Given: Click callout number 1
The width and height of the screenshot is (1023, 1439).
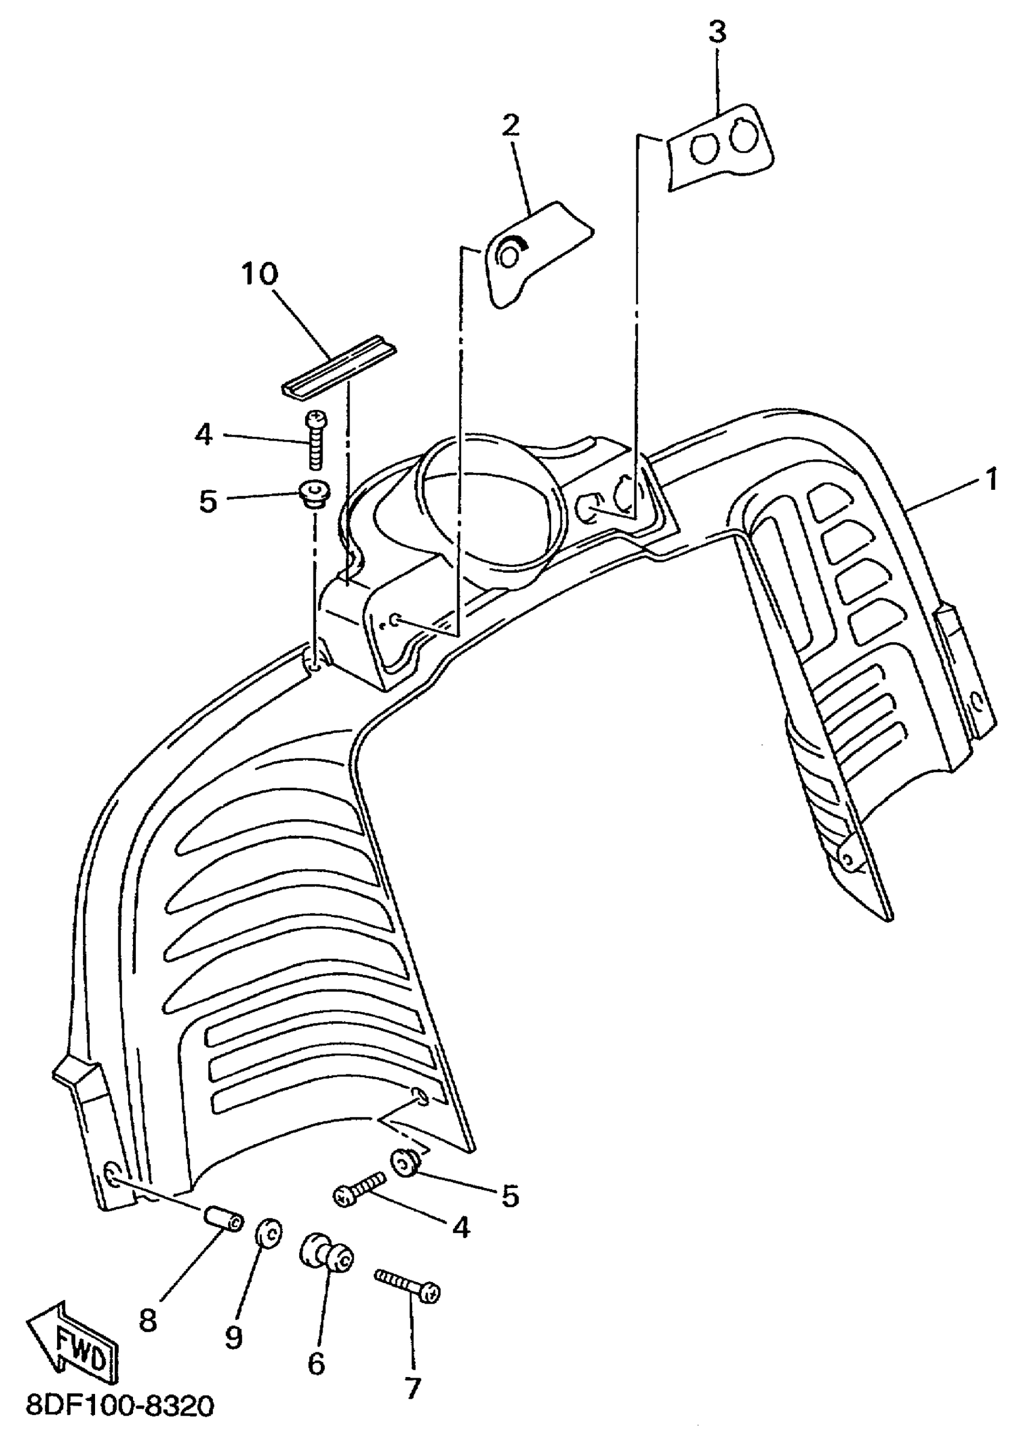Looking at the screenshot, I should pyautogui.click(x=992, y=480).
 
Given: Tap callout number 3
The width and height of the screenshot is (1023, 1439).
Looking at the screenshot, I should pyautogui.click(x=717, y=32).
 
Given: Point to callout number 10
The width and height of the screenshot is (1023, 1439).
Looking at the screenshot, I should pyautogui.click(x=258, y=274).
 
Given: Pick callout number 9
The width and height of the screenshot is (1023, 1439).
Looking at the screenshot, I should pyautogui.click(x=233, y=1335).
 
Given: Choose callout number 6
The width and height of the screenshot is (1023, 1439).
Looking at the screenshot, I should pyautogui.click(x=315, y=1363).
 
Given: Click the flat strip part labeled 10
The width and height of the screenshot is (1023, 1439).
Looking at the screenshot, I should pyautogui.click(x=339, y=367).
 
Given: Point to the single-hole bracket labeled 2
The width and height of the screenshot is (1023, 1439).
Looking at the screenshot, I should pyautogui.click(x=533, y=251).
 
